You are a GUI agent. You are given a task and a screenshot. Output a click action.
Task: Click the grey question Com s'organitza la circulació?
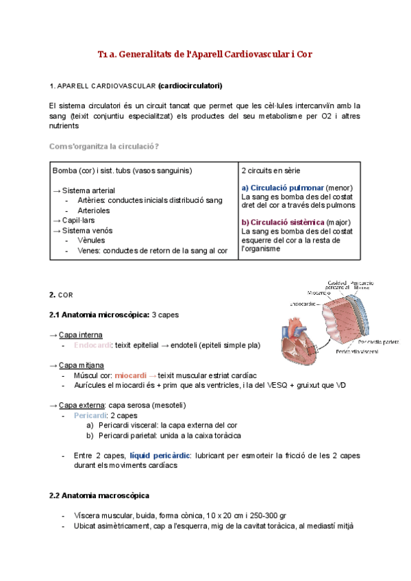click(x=105, y=147)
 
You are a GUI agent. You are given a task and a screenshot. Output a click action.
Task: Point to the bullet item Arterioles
click(x=94, y=210)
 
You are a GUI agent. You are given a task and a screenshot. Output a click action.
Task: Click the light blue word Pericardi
click(x=91, y=416)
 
